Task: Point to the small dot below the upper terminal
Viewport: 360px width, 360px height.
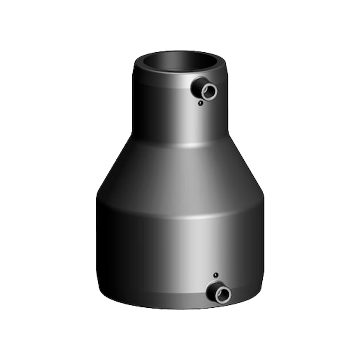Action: (x=200, y=103)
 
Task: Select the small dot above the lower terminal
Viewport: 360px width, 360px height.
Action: (x=216, y=275)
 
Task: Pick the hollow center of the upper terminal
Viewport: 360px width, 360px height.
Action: (x=210, y=92)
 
